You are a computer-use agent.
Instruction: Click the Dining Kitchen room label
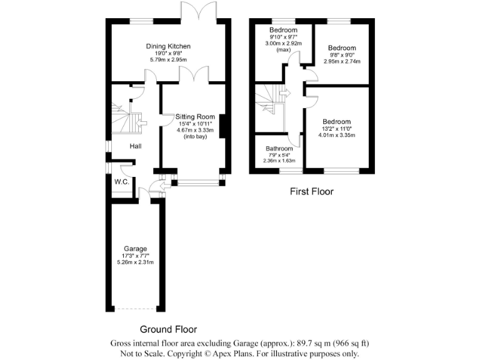pos(168,46)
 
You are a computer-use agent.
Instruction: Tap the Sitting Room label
pos(195,117)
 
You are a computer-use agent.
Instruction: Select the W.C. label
pos(121,182)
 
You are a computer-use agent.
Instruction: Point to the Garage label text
pos(135,249)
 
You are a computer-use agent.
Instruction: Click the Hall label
pos(136,146)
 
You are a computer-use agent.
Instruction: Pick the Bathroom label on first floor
pos(279,149)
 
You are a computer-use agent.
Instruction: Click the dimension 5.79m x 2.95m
pos(168,59)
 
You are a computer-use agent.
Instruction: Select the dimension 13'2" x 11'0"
pos(337,129)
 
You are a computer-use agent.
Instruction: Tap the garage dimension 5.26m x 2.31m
pos(135,262)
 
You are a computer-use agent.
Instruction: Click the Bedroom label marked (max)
pos(283,30)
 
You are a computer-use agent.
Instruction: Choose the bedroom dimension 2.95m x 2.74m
pos(342,62)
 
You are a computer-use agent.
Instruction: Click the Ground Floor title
pos(168,329)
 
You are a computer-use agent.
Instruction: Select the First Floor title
pos(311,192)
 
